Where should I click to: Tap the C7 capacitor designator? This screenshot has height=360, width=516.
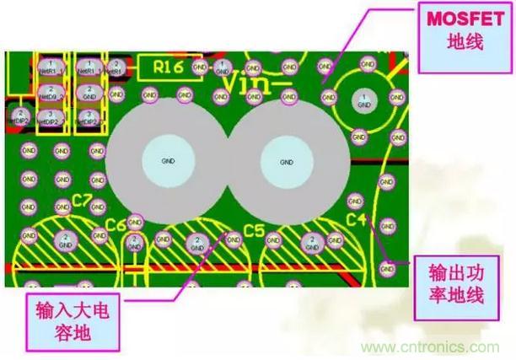[82, 201]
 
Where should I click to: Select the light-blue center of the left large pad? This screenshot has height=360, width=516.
[166, 160]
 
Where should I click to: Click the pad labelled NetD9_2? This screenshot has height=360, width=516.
[51, 93]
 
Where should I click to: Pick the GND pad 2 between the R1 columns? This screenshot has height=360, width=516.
[89, 92]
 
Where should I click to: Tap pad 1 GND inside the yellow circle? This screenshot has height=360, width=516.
[363, 100]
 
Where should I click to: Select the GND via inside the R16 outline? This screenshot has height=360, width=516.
[199, 66]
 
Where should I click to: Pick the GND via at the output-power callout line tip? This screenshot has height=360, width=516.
[388, 268]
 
